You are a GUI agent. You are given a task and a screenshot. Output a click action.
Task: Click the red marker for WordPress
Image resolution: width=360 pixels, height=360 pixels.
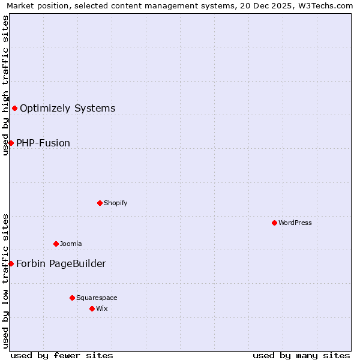tap(274, 223)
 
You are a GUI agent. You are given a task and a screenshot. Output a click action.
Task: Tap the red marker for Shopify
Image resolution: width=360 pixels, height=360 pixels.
tap(100, 203)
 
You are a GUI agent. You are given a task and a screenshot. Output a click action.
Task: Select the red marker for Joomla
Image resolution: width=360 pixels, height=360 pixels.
tap(56, 244)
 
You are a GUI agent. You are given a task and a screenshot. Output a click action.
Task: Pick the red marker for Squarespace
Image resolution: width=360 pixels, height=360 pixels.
tap(72, 298)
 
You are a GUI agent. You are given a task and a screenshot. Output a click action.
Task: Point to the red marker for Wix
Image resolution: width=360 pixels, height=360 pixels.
tap(92, 308)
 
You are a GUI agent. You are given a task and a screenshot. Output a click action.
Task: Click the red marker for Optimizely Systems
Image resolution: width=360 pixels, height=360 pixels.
tap(14, 108)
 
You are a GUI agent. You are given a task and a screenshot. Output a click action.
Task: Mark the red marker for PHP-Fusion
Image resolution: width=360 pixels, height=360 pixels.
tap(11, 143)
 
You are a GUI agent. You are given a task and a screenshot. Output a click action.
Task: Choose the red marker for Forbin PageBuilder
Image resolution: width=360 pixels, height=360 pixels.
tap(11, 263)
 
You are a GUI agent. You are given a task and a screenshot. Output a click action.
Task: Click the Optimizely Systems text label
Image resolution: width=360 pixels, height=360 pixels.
tap(67, 109)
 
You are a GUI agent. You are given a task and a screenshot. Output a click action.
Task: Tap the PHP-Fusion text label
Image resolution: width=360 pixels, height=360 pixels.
tap(43, 143)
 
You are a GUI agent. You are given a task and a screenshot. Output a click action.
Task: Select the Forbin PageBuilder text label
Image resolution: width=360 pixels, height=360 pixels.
tap(61, 264)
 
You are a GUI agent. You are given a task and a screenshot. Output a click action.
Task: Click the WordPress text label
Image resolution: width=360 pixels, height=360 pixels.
tap(295, 223)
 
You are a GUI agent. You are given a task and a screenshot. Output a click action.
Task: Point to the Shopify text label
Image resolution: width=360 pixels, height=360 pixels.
tap(116, 203)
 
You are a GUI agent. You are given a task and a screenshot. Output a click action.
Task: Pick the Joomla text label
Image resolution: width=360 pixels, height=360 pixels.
tap(71, 244)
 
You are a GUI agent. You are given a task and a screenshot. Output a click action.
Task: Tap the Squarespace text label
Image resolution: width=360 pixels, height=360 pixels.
tap(97, 298)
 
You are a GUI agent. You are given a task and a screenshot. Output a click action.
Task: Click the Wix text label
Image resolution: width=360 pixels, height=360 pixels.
tap(102, 309)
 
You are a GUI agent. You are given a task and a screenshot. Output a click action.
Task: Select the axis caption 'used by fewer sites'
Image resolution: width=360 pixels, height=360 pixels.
tap(62, 356)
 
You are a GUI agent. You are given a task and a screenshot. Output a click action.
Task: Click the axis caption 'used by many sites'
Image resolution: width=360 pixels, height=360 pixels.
tap(301, 356)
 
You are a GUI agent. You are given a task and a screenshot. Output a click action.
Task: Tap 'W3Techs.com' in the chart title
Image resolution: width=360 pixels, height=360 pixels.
tap(328, 6)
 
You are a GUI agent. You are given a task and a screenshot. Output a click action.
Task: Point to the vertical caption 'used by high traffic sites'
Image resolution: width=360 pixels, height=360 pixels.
tap(6, 85)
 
